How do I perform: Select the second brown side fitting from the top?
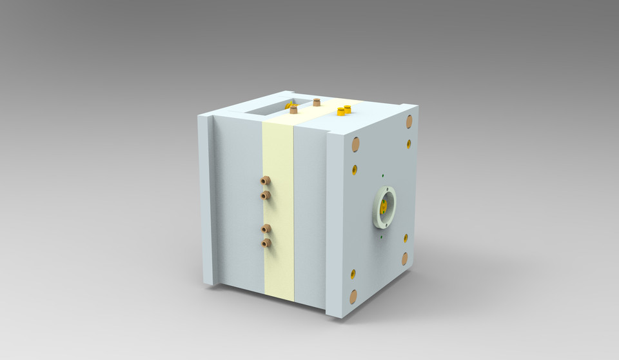[264, 194]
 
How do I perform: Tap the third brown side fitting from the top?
[266, 228]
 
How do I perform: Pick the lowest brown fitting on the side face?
[266, 243]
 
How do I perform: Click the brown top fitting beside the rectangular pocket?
[294, 110]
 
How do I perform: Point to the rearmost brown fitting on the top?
[317, 102]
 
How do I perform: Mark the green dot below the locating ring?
[382, 236]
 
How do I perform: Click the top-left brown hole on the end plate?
[355, 145]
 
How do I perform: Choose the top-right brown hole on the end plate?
[409, 121]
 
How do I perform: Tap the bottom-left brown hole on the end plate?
[353, 297]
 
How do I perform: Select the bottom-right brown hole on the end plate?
[405, 259]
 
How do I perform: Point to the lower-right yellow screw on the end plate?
[406, 238]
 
